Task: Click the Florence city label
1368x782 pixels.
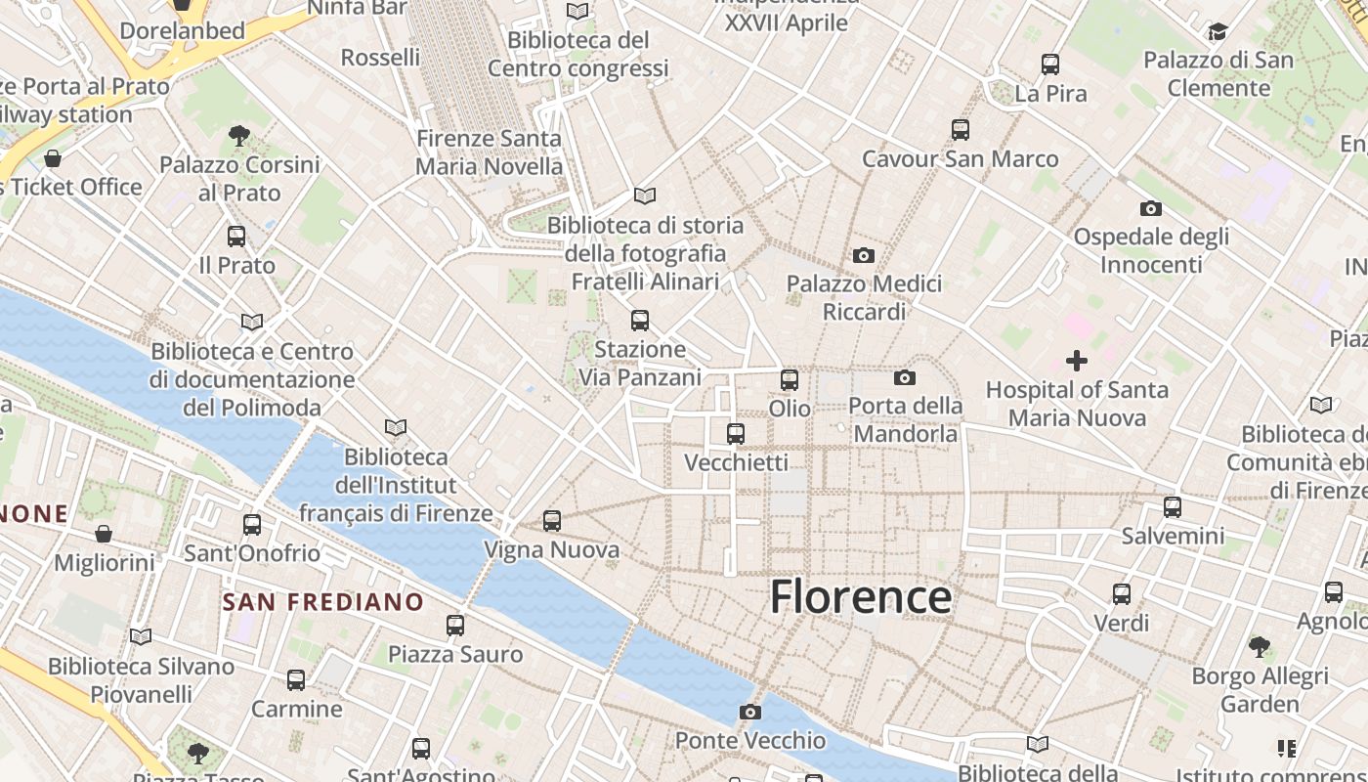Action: [861, 596]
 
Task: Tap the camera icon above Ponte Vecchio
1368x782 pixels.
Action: [749, 712]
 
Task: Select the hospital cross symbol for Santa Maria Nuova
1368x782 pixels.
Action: [1076, 361]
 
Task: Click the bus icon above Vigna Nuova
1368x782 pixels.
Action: [552, 521]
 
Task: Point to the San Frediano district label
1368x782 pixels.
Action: [322, 602]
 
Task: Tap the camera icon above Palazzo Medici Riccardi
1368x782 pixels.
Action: [864, 255]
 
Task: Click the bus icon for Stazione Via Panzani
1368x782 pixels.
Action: [640, 321]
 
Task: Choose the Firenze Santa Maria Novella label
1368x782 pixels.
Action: [490, 152]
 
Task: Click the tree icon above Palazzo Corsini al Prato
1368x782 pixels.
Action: [239, 135]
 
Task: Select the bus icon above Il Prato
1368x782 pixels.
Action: [236, 237]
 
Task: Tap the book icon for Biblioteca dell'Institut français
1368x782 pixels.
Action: [396, 427]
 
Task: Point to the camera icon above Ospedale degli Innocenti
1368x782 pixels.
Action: [1151, 208]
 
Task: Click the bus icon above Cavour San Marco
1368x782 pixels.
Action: [960, 130]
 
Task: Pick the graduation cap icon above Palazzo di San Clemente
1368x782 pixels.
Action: [1218, 32]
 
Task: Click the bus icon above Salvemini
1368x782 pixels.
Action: [1173, 507]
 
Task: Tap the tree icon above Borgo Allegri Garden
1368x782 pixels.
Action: [1260, 646]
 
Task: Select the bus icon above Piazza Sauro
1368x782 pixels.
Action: [455, 626]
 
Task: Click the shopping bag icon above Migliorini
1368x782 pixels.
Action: [104, 534]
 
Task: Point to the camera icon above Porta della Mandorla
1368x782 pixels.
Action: [905, 377]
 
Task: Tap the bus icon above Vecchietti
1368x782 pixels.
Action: [736, 434]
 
